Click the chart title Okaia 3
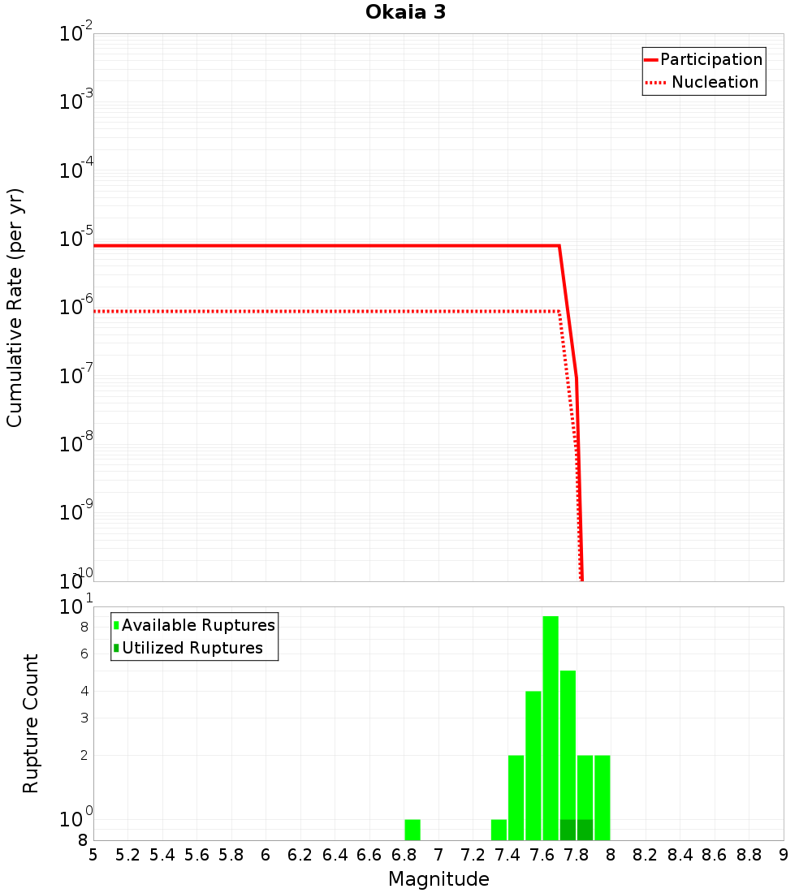[x=405, y=13]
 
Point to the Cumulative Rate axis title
[x=15, y=308]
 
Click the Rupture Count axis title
[x=31, y=723]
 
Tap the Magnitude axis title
[x=438, y=879]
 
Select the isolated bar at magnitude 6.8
[x=412, y=830]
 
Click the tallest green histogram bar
[x=551, y=728]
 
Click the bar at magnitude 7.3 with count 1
[x=499, y=830]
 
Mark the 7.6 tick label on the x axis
[x=542, y=855]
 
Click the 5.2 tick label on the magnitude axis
[x=128, y=855]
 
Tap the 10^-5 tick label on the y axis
[x=76, y=239]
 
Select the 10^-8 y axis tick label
[x=76, y=444]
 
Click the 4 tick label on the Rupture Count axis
[x=84, y=692]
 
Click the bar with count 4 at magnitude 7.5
[x=533, y=766]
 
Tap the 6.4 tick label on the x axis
[x=335, y=855]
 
